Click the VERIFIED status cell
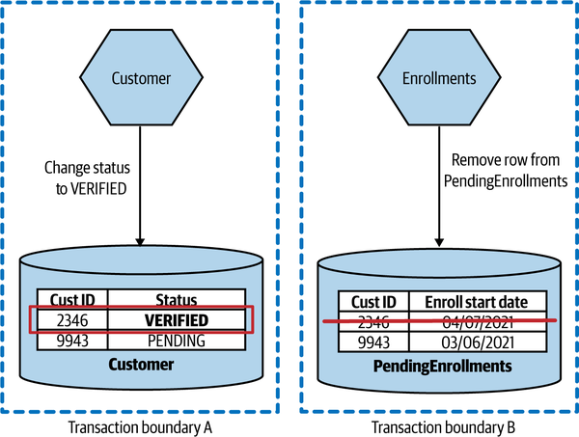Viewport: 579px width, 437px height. coord(177,320)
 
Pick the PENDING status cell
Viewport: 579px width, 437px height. coord(177,340)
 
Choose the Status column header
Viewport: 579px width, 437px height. coord(177,300)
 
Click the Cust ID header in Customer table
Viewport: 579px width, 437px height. coord(72,300)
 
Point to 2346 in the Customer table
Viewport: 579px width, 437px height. coord(72,320)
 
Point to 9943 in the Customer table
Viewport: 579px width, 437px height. coord(72,340)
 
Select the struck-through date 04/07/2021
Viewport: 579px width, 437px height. coord(473,322)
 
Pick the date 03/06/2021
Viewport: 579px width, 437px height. coord(473,341)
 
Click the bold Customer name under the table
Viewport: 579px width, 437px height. coord(142,365)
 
